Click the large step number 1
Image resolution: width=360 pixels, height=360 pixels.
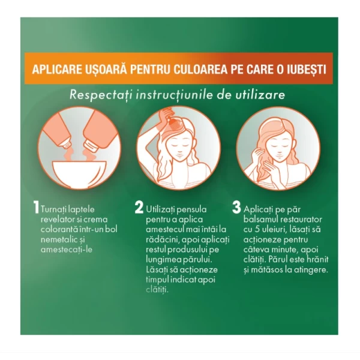click(x=36, y=208)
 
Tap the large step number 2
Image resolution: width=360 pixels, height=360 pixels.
click(x=139, y=208)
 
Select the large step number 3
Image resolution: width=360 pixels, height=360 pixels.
click(x=237, y=208)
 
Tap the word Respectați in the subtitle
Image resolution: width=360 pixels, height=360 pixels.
click(x=101, y=95)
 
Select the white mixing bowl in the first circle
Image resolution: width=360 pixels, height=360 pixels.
click(x=79, y=175)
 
